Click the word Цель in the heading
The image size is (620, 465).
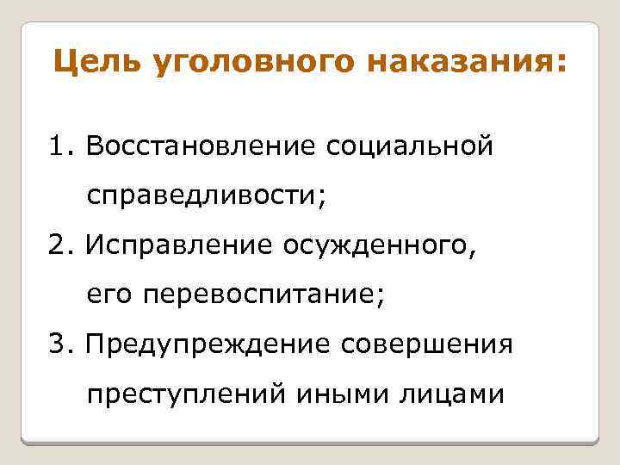[x=95, y=63]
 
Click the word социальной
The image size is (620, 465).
[x=409, y=146]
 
